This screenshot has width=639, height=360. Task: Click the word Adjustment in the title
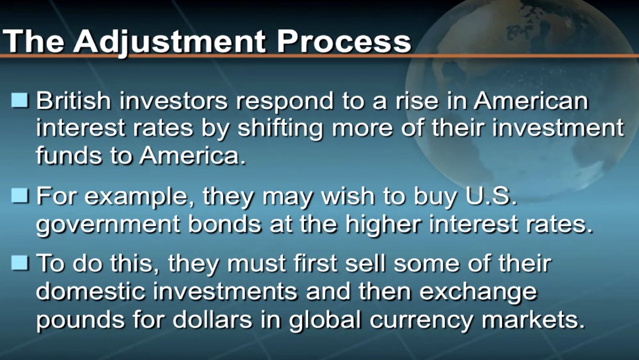click(x=170, y=42)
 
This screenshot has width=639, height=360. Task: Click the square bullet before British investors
click(x=20, y=101)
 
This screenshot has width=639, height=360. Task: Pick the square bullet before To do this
click(x=20, y=262)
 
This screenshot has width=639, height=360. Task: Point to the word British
click(x=73, y=101)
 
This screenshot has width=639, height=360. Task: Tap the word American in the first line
click(x=531, y=101)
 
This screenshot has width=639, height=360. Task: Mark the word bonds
click(x=224, y=223)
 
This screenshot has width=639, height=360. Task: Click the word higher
click(x=383, y=225)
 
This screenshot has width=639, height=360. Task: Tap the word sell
click(x=365, y=262)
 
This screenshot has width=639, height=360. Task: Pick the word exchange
click(x=478, y=293)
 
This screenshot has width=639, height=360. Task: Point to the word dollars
click(x=212, y=319)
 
